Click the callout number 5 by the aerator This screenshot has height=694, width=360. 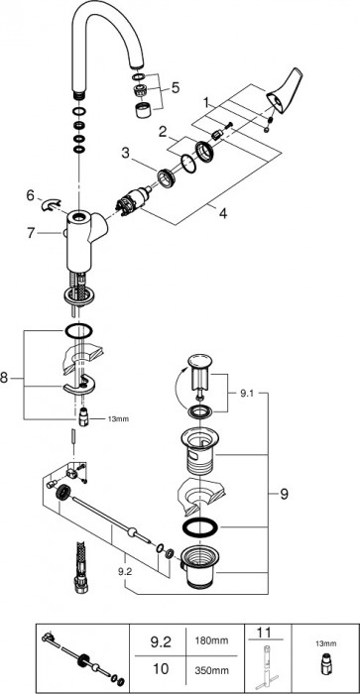(176, 87)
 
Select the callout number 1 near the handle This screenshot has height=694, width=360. (206, 103)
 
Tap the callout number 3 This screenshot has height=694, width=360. (126, 154)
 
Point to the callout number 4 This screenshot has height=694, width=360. (223, 213)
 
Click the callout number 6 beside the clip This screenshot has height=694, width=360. (30, 194)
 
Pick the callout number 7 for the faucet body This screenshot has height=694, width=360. (31, 232)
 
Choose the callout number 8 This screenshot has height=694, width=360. (4, 378)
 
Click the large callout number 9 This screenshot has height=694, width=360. (284, 494)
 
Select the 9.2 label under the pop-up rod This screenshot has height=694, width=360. (125, 571)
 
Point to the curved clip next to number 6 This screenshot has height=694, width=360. (51, 204)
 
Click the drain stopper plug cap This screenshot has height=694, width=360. (200, 362)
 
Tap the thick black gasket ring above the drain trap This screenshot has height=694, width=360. (200, 527)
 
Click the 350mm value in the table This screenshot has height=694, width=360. (212, 668)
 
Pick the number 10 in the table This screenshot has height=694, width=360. (160, 668)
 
